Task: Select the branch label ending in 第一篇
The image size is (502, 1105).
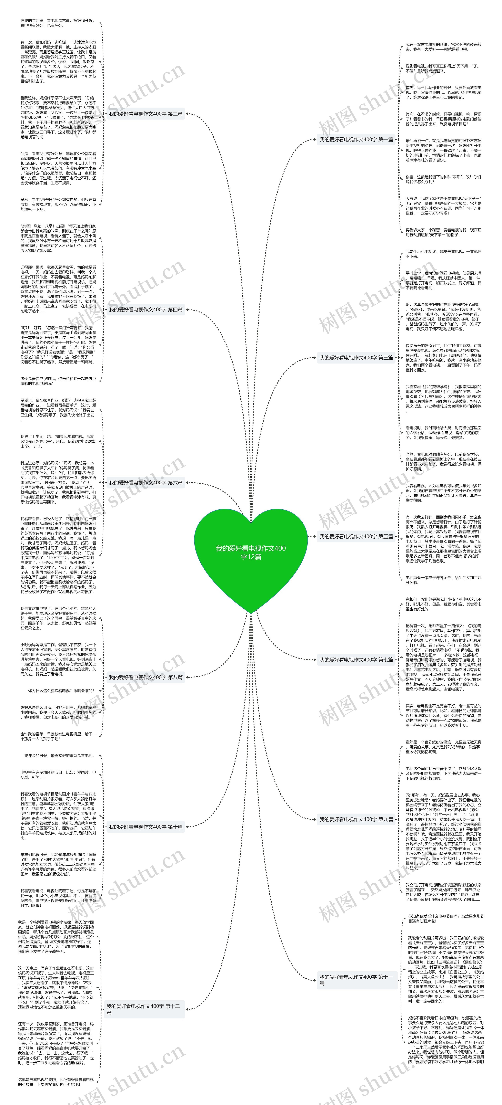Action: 356,139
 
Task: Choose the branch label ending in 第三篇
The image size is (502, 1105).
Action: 356,357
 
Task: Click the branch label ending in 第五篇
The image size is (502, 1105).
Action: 356,536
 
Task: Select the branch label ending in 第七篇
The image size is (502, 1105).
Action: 356,660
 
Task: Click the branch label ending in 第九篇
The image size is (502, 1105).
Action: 356,819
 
